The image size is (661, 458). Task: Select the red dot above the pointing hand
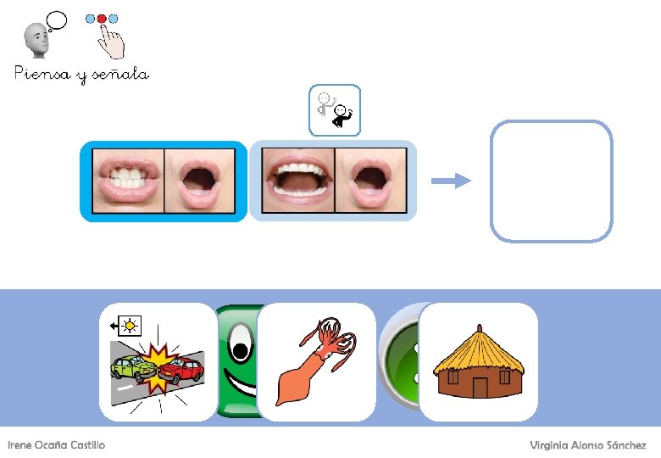[103, 18]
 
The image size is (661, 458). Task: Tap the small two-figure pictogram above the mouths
[335, 110]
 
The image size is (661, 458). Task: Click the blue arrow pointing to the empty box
[450, 180]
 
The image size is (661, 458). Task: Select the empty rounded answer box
[551, 181]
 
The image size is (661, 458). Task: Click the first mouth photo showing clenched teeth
[127, 181]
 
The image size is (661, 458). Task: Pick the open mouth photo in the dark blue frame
[200, 181]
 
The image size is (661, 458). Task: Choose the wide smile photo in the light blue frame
[298, 181]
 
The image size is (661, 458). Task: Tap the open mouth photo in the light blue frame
[370, 181]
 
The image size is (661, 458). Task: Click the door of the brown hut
[480, 388]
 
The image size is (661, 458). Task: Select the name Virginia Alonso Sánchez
[587, 445]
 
